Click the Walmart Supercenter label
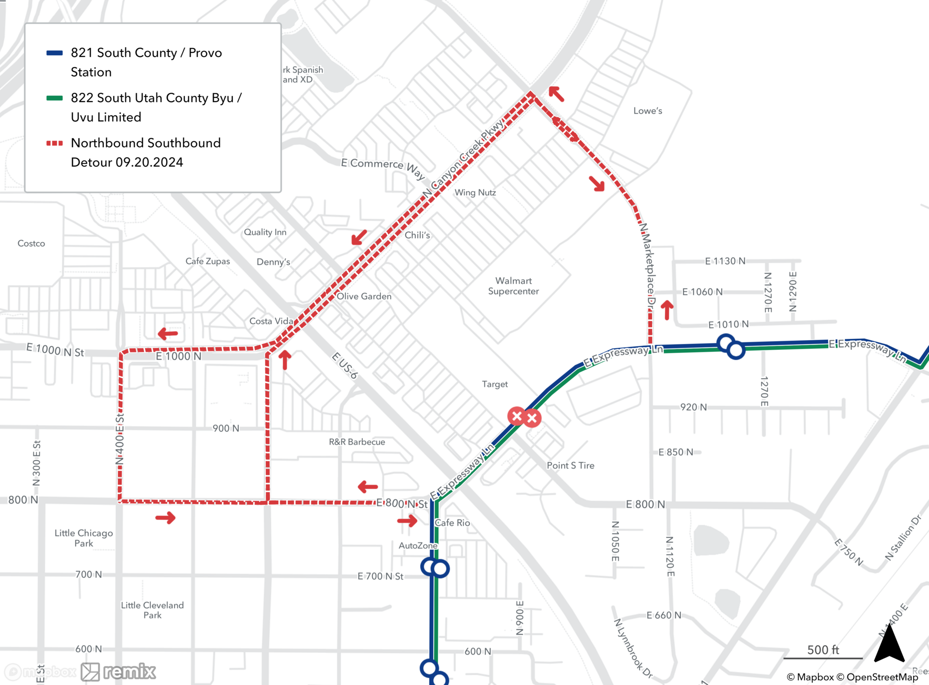click(513, 286)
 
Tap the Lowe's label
click(648, 110)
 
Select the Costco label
click(31, 243)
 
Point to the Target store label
click(495, 384)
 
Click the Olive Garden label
click(364, 296)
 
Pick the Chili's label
click(417, 235)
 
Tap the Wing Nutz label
click(475, 192)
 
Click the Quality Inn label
click(265, 232)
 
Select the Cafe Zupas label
click(208, 261)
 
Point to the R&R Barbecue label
click(357, 442)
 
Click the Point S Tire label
click(570, 465)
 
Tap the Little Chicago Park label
click(84, 538)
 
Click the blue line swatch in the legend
click(54, 53)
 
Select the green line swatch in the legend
click(54, 98)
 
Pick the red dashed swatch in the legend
click(54, 143)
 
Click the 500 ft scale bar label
click(823, 650)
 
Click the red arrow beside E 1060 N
click(667, 310)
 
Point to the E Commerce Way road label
click(383, 168)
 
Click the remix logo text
click(129, 672)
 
